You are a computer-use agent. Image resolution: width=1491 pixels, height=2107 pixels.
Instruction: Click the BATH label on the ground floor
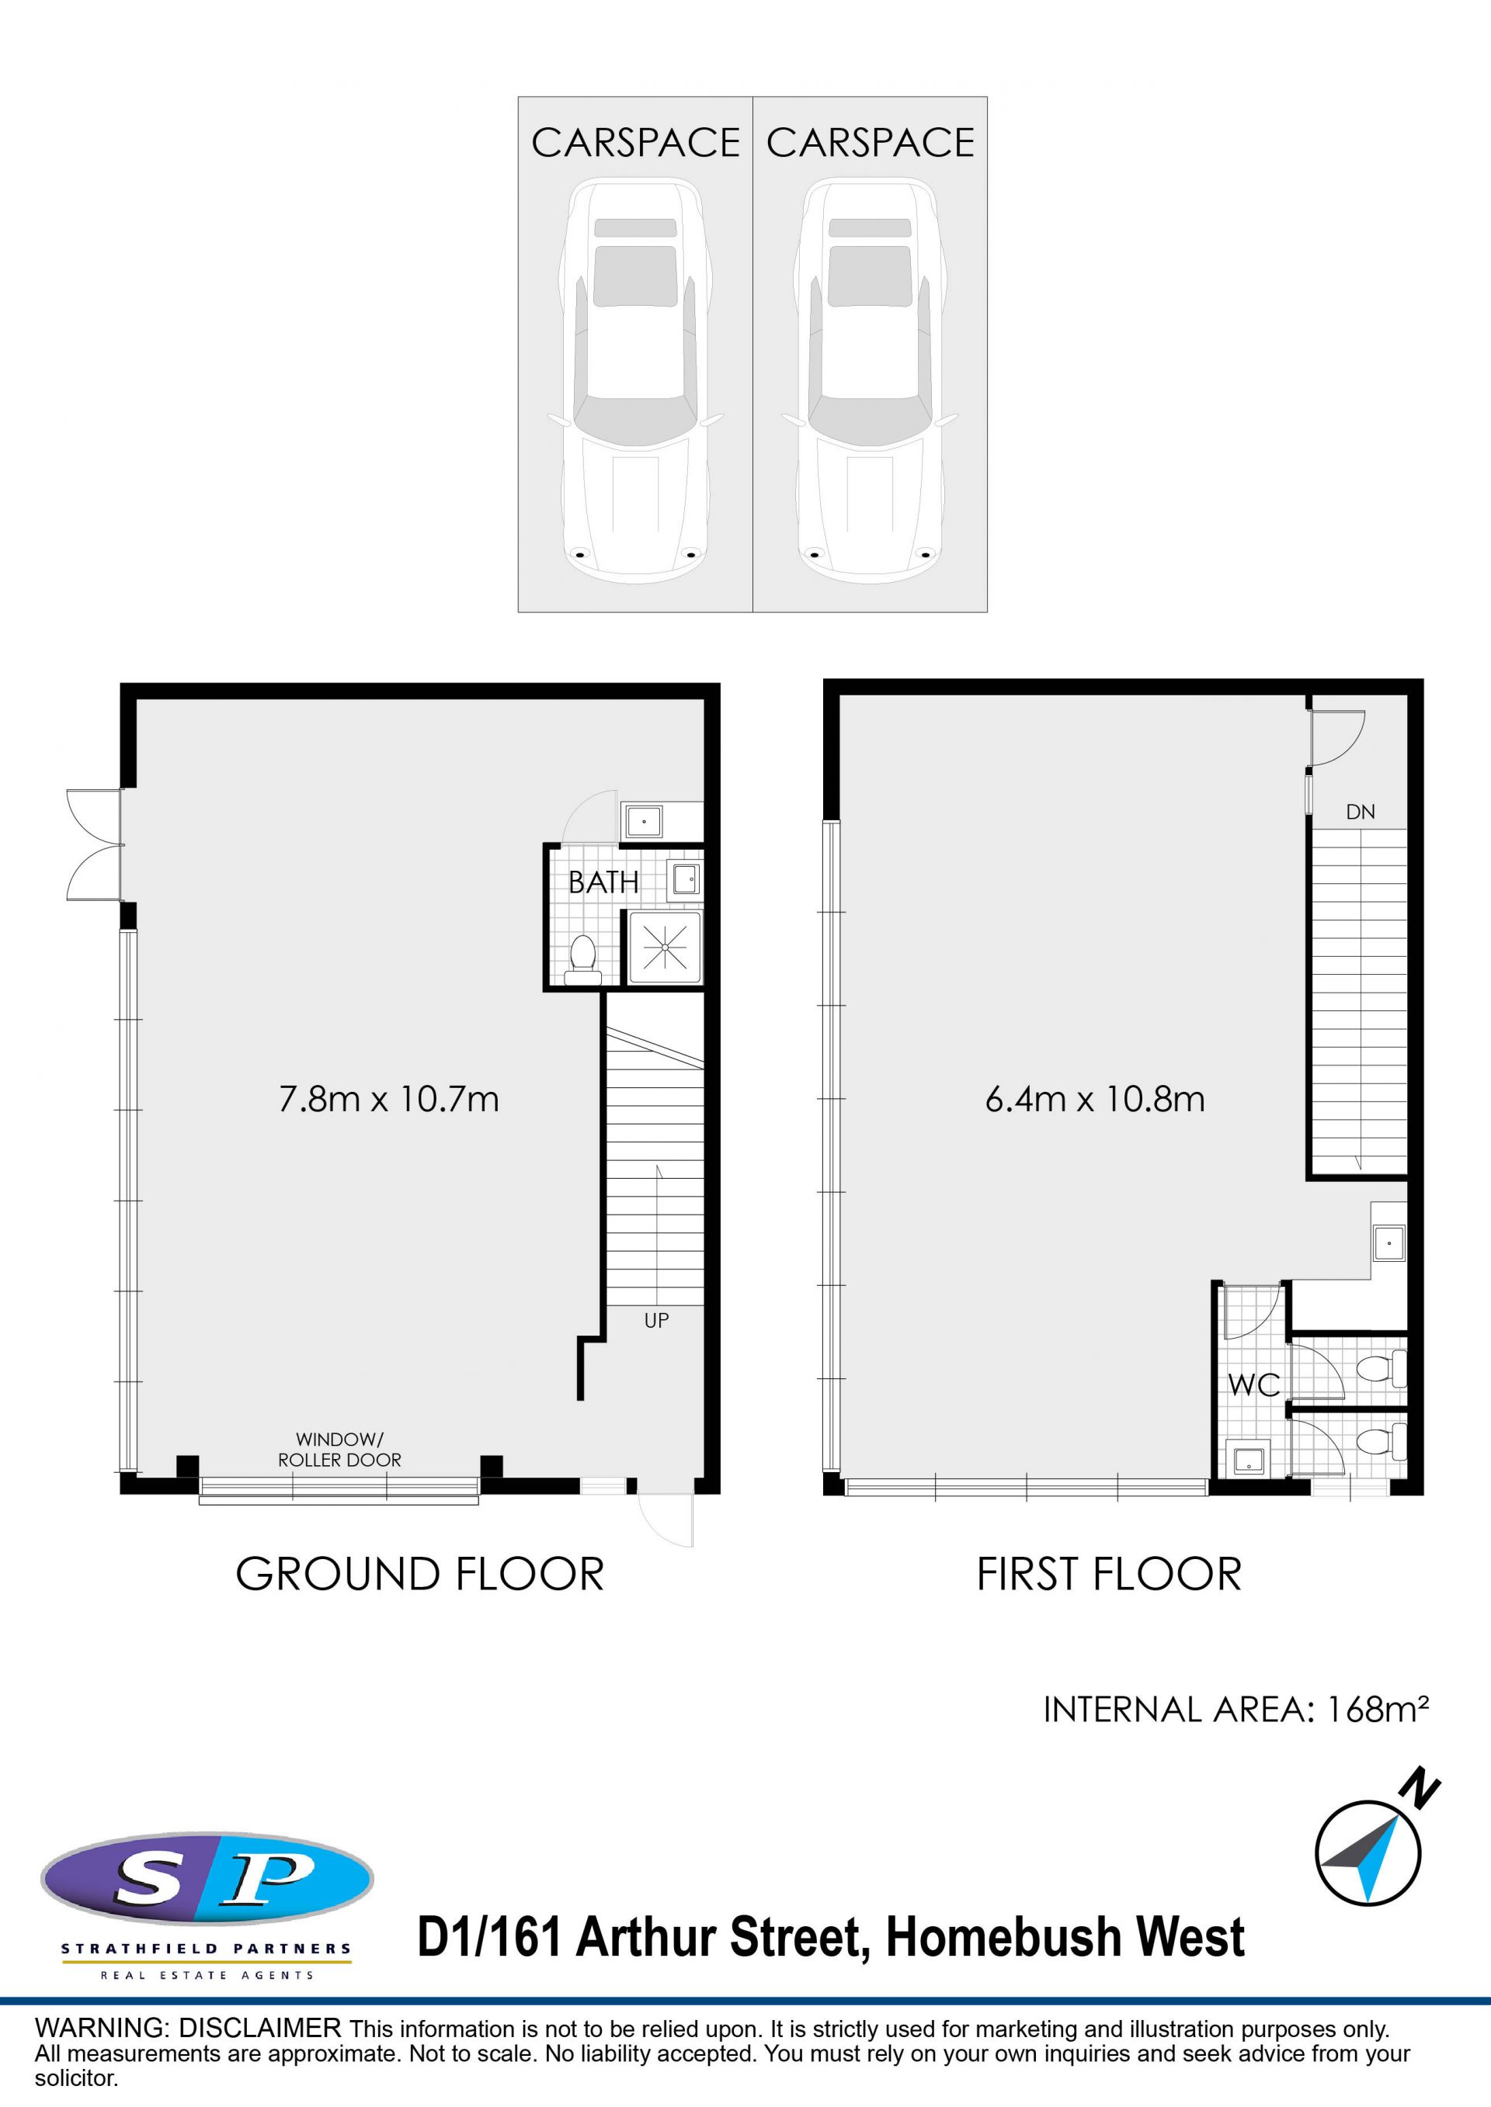click(603, 882)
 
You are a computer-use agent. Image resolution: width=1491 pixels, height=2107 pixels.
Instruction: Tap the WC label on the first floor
click(1254, 1384)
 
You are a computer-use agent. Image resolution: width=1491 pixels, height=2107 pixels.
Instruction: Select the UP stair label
click(656, 1321)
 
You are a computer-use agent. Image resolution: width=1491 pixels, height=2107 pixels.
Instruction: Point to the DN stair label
click(1361, 811)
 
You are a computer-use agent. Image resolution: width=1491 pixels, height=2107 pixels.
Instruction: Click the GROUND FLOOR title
click(419, 1575)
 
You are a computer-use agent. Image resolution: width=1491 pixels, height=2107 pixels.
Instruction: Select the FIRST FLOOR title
click(1109, 1575)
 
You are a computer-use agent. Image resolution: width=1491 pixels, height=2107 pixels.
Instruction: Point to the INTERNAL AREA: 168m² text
click(1236, 1710)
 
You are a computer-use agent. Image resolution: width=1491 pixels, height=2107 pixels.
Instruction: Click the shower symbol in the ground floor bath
click(665, 947)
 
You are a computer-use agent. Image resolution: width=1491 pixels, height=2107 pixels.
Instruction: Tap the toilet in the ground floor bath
click(581, 960)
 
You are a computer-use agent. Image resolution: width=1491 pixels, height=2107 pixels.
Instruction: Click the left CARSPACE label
click(635, 143)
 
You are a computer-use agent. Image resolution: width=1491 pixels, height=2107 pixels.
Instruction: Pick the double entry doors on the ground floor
click(95, 844)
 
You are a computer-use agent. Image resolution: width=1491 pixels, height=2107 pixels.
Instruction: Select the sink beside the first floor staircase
click(1389, 1243)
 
